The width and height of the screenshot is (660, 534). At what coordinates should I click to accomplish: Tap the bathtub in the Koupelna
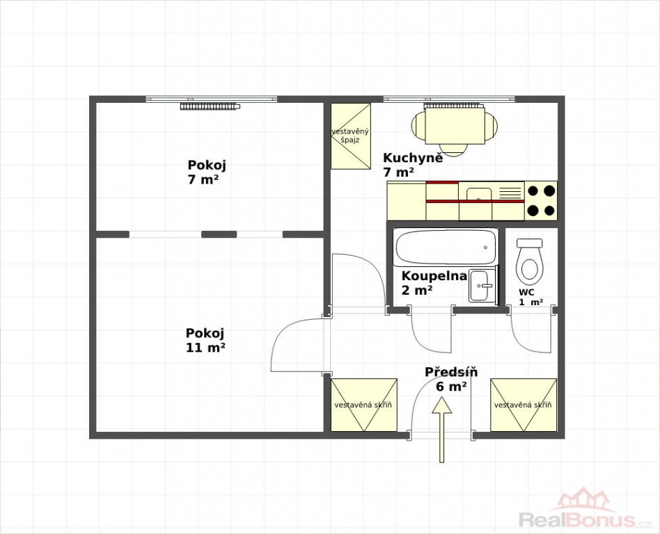click(x=446, y=248)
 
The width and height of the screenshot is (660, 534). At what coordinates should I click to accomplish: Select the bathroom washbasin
click(x=482, y=286)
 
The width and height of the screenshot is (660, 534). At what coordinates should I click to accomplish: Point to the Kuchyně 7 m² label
click(x=412, y=165)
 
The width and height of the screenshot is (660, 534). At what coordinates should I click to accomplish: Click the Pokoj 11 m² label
click(x=205, y=341)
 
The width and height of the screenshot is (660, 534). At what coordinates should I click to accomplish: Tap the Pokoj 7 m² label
click(x=207, y=172)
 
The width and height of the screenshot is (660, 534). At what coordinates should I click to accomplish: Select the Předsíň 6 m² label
click(x=451, y=379)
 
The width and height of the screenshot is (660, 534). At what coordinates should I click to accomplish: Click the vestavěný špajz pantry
click(x=351, y=136)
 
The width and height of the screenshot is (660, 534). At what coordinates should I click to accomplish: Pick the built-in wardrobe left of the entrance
click(x=363, y=405)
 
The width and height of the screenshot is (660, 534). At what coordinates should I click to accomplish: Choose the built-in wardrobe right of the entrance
click(x=524, y=405)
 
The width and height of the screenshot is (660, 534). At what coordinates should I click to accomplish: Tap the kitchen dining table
click(x=455, y=126)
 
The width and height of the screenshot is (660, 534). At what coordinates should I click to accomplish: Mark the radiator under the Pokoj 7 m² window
click(x=210, y=106)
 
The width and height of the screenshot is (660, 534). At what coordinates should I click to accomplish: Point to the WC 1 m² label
click(x=531, y=297)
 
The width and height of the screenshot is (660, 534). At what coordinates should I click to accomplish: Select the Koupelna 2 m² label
click(x=434, y=283)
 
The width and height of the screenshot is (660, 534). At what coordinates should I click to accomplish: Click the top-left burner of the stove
click(x=533, y=191)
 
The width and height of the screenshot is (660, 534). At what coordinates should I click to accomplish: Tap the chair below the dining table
click(x=455, y=150)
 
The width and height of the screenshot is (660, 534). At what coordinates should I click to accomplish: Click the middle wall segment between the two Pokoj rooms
click(x=219, y=234)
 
